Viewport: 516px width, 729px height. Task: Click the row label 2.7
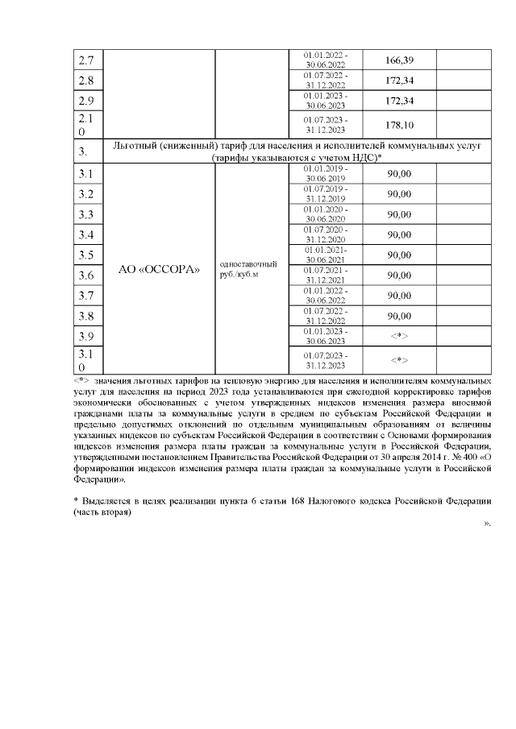pyautogui.click(x=85, y=60)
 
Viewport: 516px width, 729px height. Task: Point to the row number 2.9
pyautogui.click(x=85, y=101)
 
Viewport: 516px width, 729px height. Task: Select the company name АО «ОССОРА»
pyautogui.click(x=159, y=270)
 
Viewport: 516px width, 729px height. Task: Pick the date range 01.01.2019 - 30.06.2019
pyautogui.click(x=326, y=174)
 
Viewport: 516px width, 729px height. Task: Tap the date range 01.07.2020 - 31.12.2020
pyautogui.click(x=326, y=234)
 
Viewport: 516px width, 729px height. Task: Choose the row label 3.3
pyautogui.click(x=85, y=215)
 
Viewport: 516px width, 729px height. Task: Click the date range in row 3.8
pyautogui.click(x=326, y=316)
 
